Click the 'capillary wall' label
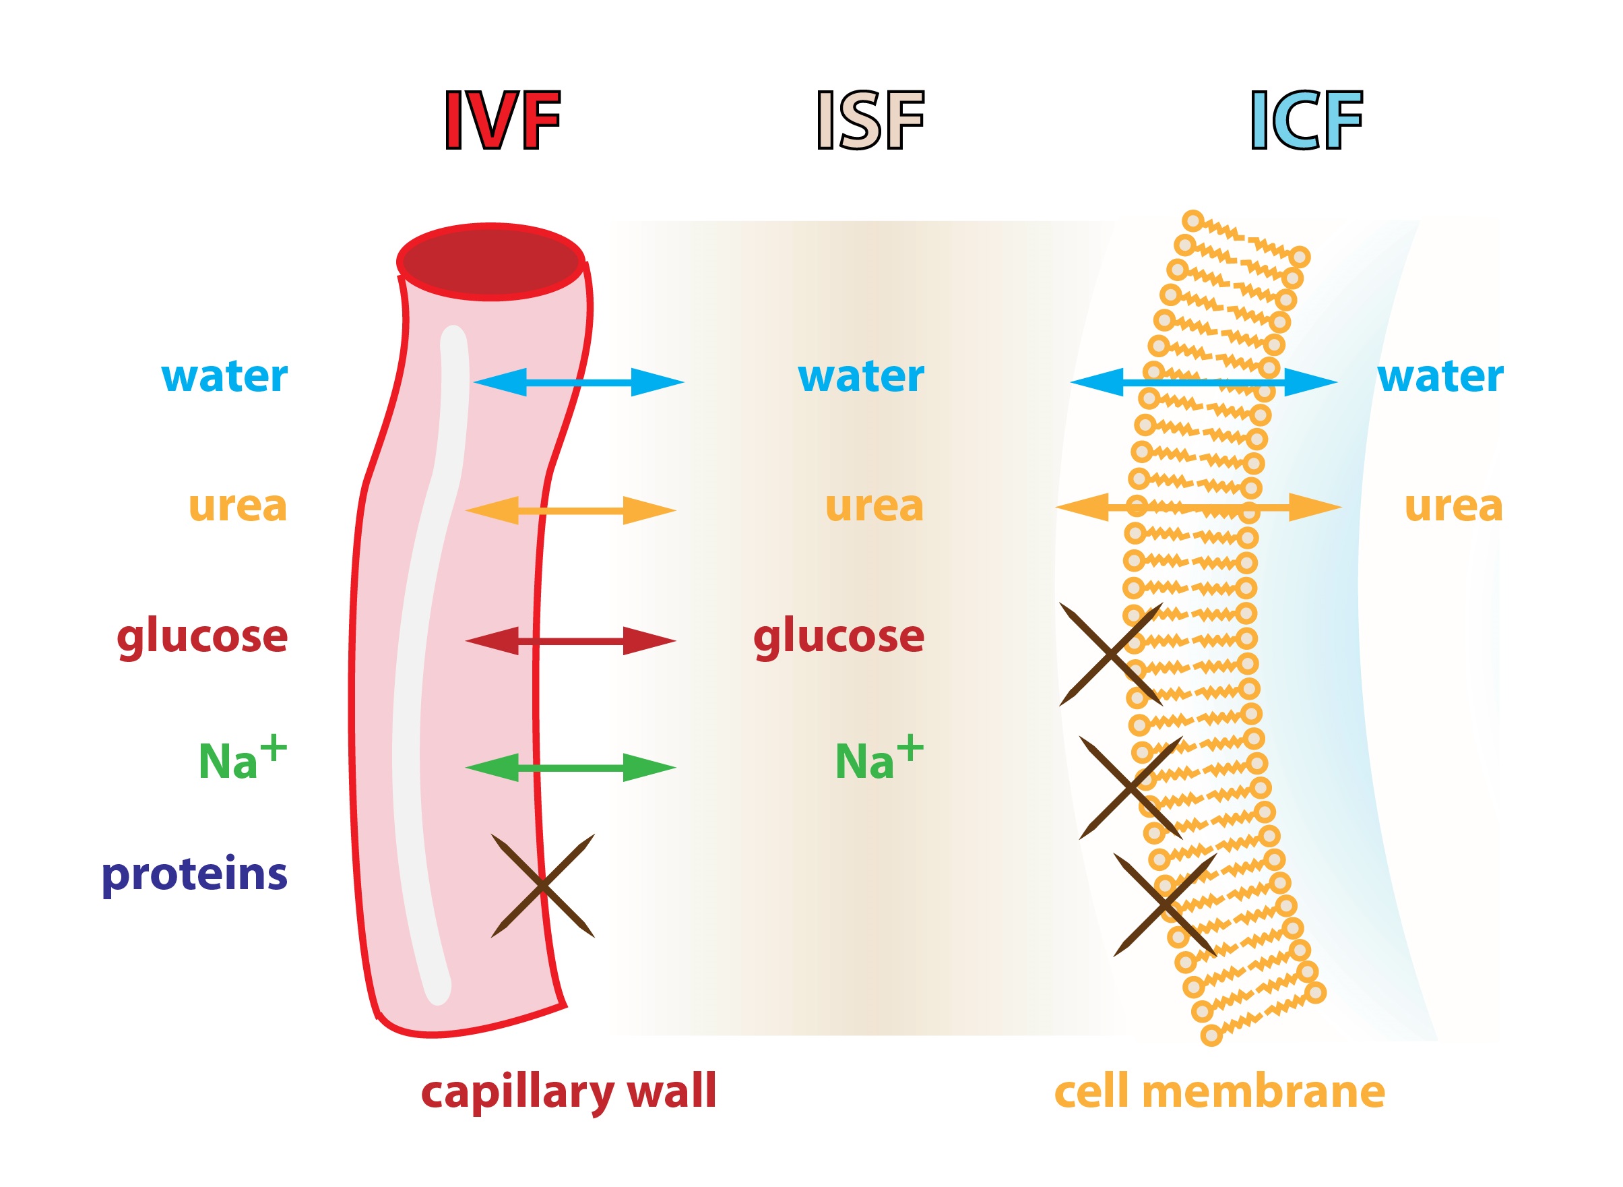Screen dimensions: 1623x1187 (569, 1092)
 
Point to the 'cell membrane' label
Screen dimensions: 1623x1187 (1219, 1092)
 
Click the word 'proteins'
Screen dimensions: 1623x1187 (195, 875)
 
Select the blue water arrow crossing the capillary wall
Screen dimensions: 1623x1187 (578, 382)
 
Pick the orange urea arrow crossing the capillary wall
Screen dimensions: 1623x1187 (570, 511)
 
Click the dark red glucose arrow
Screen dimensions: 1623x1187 (570, 641)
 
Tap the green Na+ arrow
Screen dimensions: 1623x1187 (570, 767)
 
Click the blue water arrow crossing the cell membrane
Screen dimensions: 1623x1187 (1203, 382)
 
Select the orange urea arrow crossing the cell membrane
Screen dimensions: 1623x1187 (1198, 508)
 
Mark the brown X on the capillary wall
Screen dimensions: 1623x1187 (543, 886)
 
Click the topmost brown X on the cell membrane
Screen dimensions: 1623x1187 (1111, 655)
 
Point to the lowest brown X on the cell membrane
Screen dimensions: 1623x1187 (1165, 905)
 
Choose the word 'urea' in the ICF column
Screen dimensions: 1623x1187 (1453, 507)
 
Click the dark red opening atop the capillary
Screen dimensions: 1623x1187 (491, 262)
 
